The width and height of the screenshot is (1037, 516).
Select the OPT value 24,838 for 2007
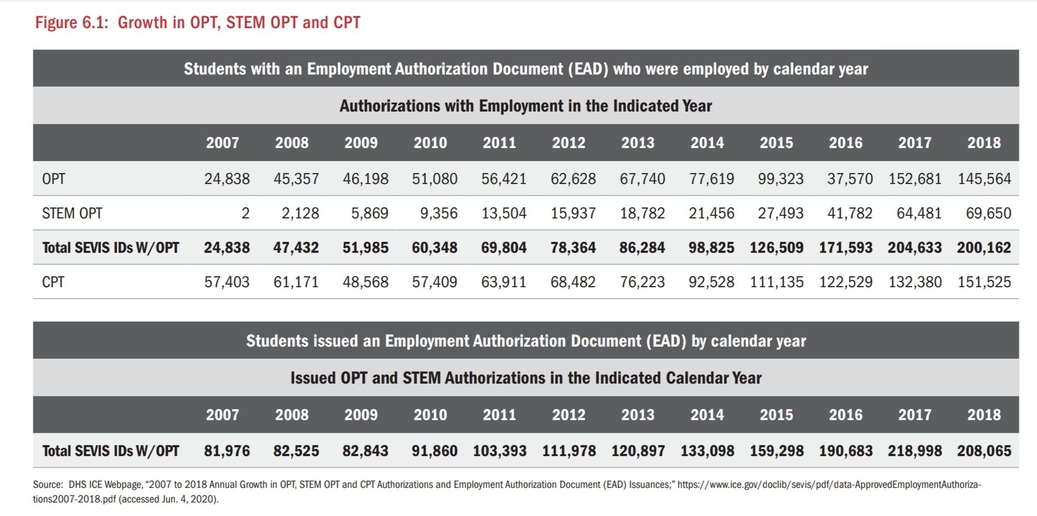[227, 179]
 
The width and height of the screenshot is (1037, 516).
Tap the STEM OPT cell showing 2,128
[300, 213]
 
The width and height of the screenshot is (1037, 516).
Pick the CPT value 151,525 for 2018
[984, 282]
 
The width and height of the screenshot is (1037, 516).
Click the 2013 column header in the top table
[637, 143]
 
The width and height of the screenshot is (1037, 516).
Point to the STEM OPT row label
[72, 213]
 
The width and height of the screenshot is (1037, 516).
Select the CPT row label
[53, 282]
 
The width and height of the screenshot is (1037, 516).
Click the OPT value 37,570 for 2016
[849, 179]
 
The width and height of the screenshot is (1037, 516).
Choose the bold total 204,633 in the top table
[915, 248]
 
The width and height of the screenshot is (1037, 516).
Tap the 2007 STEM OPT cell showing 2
[245, 213]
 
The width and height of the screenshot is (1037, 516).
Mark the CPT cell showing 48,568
[365, 282]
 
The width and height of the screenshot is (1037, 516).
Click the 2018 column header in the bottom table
[984, 415]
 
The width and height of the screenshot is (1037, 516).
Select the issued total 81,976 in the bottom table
[227, 451]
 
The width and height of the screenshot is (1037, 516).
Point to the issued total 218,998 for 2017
[915, 451]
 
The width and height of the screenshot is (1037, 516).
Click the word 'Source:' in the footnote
[48, 485]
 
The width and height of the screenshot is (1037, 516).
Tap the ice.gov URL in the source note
[829, 485]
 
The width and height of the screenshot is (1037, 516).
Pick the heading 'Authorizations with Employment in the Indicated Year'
[525, 106]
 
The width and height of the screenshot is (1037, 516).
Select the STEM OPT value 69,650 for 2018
[988, 213]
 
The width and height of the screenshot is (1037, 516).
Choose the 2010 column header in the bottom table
[430, 415]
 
